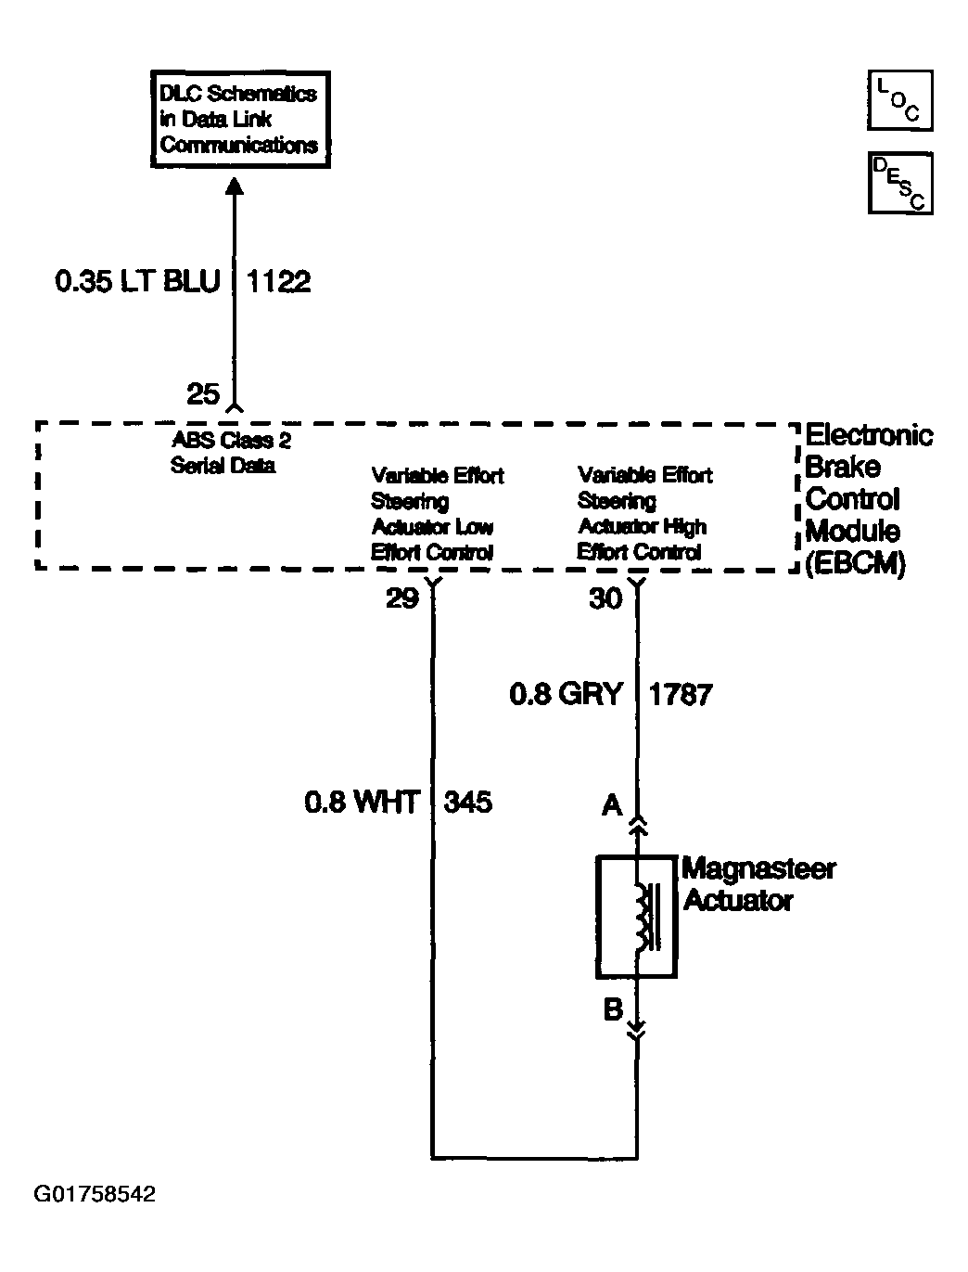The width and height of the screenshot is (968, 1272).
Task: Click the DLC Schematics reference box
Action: [x=239, y=120]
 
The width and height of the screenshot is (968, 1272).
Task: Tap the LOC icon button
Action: [x=899, y=99]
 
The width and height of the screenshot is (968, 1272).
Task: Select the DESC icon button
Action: [x=899, y=183]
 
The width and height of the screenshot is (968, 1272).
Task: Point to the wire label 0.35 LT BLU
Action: [x=137, y=281]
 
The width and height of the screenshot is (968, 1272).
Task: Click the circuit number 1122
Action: [x=278, y=281]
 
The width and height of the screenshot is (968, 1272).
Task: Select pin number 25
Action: [x=203, y=394]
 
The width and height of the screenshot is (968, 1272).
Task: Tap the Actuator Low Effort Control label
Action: [x=436, y=514]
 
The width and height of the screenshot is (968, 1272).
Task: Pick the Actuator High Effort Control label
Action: [x=643, y=513]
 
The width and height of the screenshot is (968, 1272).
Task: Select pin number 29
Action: [x=402, y=599]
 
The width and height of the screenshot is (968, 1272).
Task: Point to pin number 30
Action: [x=605, y=599]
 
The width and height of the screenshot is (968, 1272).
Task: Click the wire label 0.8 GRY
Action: [x=566, y=694]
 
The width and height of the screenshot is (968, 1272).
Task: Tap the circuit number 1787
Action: [x=681, y=694]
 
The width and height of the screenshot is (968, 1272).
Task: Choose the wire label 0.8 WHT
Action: [x=362, y=802]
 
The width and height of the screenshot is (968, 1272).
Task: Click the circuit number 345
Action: [x=468, y=802]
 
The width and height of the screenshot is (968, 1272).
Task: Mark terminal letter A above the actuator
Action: [x=612, y=805]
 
